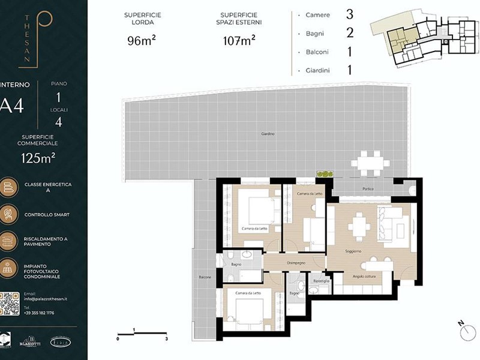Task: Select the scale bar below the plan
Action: click(x=142, y=333)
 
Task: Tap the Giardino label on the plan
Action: click(x=268, y=133)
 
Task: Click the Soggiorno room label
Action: click(x=353, y=251)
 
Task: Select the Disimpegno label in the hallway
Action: click(x=296, y=262)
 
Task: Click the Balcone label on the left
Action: click(x=205, y=277)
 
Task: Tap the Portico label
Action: click(x=368, y=189)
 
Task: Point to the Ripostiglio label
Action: click(x=321, y=280)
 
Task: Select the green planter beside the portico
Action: click(x=325, y=174)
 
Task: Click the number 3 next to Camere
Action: click(x=349, y=14)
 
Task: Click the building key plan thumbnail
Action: click(x=424, y=39)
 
